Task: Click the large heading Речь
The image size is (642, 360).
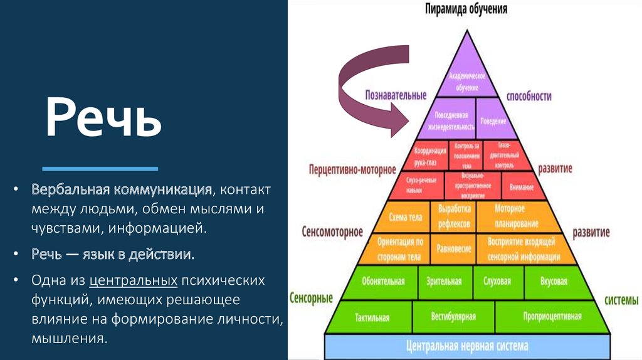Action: pyautogui.click(x=103, y=120)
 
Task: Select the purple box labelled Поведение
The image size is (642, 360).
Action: pyautogui.click(x=493, y=120)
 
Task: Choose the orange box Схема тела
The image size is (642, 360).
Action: pyautogui.click(x=405, y=217)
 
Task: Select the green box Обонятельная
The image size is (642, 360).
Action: pyautogui.click(x=383, y=281)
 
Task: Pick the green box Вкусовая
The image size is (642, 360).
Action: pyautogui.click(x=554, y=281)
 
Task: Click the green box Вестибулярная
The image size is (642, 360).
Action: pyautogui.click(x=453, y=317)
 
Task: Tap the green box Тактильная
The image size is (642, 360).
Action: pyautogui.click(x=372, y=317)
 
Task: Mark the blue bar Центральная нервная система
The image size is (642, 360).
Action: pyautogui.click(x=467, y=346)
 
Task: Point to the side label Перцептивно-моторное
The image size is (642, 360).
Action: pyautogui.click(x=352, y=169)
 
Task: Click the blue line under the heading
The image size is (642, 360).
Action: pyautogui.click(x=100, y=169)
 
